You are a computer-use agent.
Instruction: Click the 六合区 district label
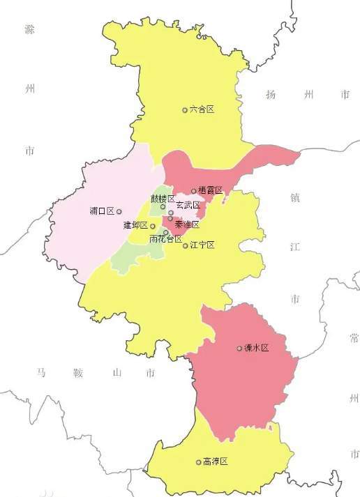(x=202, y=109)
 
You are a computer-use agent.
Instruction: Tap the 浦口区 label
(x=102, y=211)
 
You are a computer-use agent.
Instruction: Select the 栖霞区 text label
(x=210, y=190)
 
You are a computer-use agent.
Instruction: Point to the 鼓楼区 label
(x=163, y=199)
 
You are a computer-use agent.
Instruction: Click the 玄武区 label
(x=188, y=205)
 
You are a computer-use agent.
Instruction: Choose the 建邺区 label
(x=135, y=225)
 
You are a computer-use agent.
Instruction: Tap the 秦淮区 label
(x=187, y=224)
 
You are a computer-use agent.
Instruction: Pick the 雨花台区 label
(x=165, y=239)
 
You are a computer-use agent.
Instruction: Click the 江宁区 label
(x=202, y=245)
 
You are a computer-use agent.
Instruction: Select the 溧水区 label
(x=256, y=348)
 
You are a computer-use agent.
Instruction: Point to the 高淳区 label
(x=216, y=461)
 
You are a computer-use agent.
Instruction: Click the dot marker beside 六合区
(x=185, y=109)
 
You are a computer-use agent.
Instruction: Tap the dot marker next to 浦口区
(x=119, y=211)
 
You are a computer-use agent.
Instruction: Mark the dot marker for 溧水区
(x=239, y=348)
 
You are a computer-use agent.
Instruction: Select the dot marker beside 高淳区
(x=198, y=461)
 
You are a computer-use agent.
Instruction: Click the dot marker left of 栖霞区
(x=193, y=190)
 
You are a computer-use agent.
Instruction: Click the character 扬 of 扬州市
(x=271, y=94)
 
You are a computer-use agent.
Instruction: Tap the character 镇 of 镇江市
(x=294, y=197)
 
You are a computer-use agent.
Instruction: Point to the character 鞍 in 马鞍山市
(x=77, y=373)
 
